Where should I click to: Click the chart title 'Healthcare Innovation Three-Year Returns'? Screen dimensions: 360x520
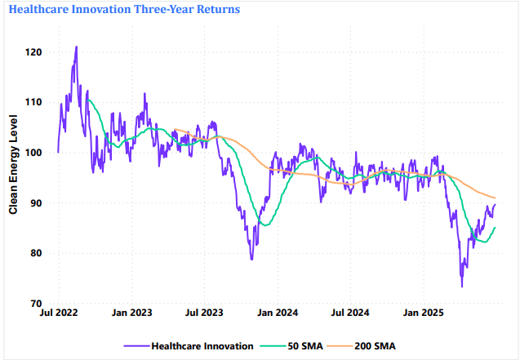124,10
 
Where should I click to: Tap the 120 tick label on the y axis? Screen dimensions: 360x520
35,51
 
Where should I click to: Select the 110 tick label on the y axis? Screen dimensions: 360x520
35,102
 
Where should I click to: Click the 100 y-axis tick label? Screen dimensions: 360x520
35,152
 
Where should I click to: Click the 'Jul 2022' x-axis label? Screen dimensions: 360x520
58,313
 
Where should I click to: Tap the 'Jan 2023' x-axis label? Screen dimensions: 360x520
131,313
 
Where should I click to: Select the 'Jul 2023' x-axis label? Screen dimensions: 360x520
203,313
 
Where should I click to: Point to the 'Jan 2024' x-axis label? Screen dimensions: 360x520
277,313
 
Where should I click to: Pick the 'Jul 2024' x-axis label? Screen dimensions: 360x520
349,313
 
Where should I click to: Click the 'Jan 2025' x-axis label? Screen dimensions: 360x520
422,313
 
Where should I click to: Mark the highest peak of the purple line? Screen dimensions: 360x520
76,47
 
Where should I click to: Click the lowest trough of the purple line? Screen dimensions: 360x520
461,287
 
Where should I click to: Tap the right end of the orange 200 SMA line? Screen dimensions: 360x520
496,198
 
